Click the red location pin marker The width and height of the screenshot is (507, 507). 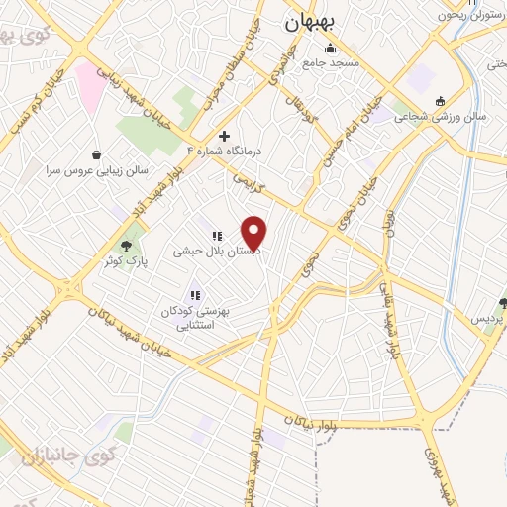click(x=255, y=232)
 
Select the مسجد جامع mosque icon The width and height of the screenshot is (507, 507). click(x=330, y=49)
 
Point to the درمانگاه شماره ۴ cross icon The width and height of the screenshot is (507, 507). click(x=225, y=136)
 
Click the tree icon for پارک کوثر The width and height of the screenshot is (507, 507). click(x=126, y=245)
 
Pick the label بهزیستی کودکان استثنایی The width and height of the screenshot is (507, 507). click(x=195, y=317)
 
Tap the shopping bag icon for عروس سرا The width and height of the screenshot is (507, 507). click(x=96, y=154)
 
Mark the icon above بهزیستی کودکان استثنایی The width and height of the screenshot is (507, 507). click(x=195, y=294)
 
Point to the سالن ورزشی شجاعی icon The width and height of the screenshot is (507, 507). click(x=441, y=100)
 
